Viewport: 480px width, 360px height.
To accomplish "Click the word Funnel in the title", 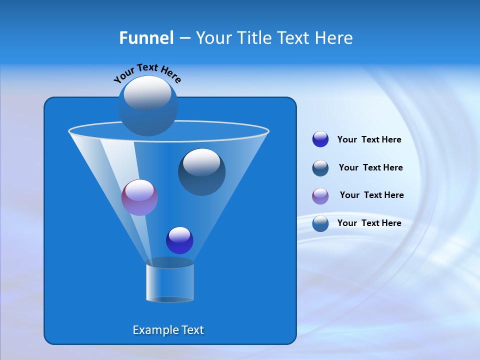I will tap(146, 38).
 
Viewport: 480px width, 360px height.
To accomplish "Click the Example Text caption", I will tap(168, 330).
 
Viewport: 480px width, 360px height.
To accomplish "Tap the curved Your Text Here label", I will tap(147, 73).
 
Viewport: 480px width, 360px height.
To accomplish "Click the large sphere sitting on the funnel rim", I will tap(147, 105).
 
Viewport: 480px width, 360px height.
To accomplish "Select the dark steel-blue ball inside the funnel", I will tap(201, 172).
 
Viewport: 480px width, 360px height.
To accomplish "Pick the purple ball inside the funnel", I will tap(139, 197).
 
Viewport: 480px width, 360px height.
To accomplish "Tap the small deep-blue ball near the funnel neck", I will tap(179, 240).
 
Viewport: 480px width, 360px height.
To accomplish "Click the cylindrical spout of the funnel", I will tap(169, 281).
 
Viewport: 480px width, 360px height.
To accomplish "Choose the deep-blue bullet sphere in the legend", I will tap(320, 139).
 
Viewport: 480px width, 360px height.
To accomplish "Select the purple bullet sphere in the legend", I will tap(320, 196).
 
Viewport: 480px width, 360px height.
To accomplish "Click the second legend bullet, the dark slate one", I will tap(320, 168).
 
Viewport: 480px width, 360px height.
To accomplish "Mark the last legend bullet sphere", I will tap(320, 223).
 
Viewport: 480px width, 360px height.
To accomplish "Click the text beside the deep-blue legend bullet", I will tap(369, 139).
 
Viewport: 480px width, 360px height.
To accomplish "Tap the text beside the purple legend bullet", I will tap(371, 195).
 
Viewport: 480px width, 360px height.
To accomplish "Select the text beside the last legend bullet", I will tap(369, 223).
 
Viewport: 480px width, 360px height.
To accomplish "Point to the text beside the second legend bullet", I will tap(370, 167).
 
